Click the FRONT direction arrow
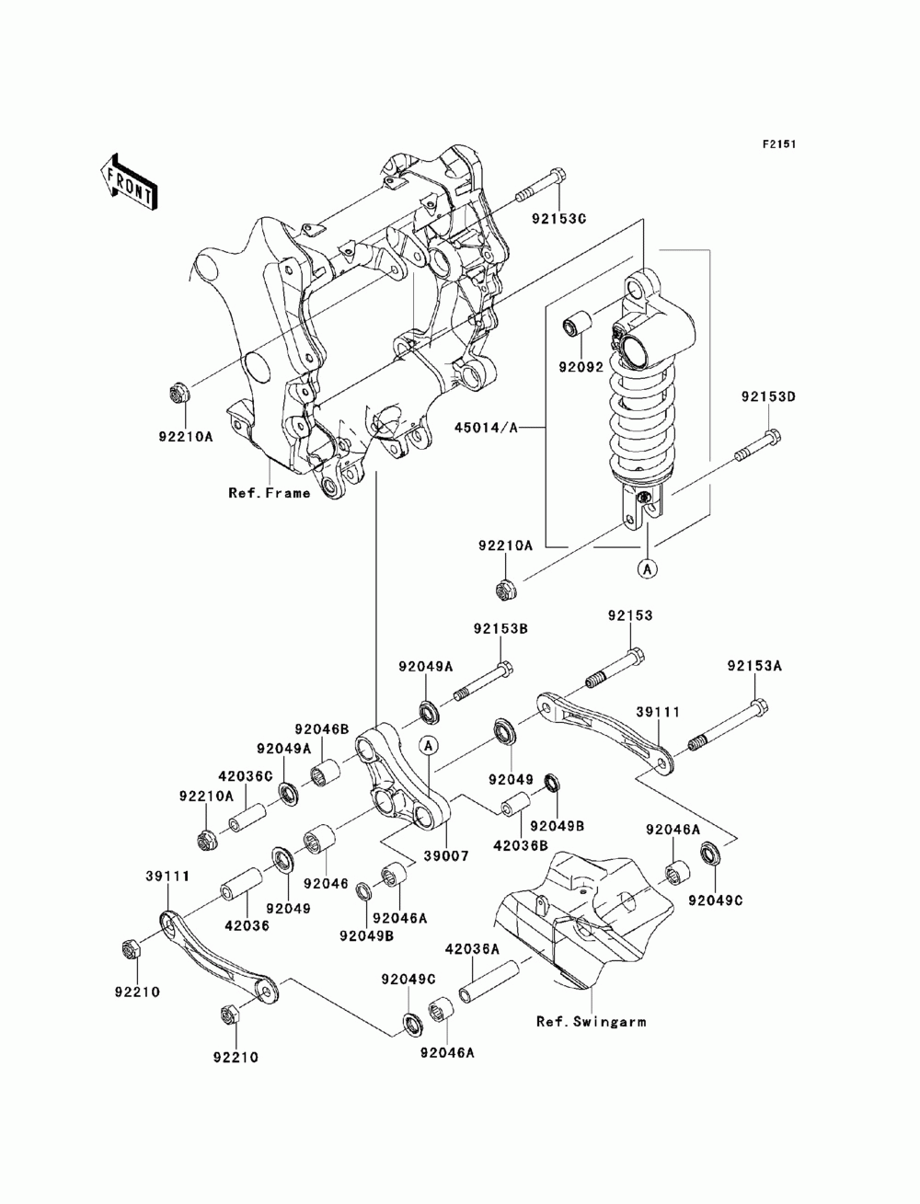129,183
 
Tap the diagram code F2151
779,144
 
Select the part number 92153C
558,218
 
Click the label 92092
581,366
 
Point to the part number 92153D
768,396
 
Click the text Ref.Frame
270,493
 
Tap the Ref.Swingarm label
591,1022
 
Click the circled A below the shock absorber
648,569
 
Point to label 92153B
500,628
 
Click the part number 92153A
754,666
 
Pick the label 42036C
246,776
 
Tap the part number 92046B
321,729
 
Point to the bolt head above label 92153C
558,177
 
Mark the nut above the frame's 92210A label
178,393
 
